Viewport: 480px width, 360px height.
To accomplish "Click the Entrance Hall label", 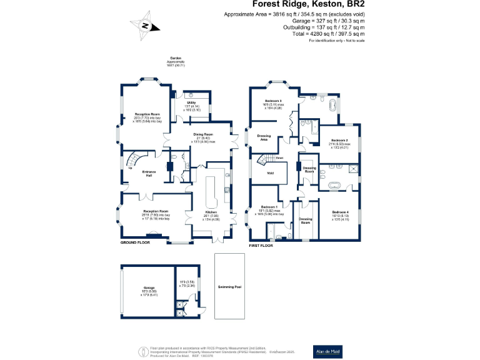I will point(149,174).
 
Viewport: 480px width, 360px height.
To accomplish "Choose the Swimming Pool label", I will point(229,287).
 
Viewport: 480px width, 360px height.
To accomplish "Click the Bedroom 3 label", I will point(272,101).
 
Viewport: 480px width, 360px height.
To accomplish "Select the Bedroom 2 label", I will point(339,140).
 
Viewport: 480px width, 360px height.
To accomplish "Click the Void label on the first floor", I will point(271,173).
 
